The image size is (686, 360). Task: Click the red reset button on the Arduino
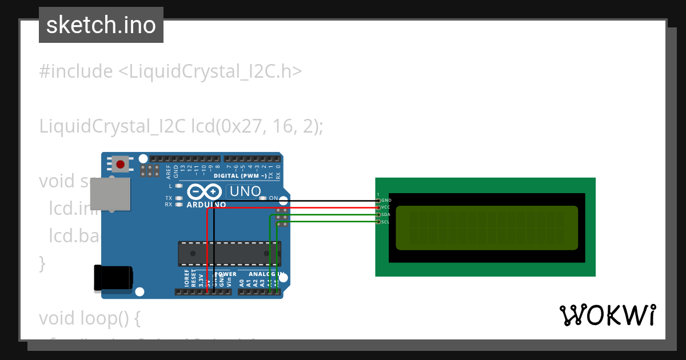click(x=120, y=165)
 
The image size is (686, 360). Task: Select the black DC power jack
click(x=113, y=278)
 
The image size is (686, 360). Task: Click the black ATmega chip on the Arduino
click(x=229, y=253)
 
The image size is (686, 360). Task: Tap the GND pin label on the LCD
click(x=386, y=201)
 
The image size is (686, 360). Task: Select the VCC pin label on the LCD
click(x=386, y=207)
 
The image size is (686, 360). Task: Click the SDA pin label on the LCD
click(x=386, y=214)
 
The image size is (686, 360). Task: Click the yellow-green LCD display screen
click(x=486, y=227)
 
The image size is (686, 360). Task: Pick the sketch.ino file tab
click(x=101, y=25)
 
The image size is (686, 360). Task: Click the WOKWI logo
click(x=607, y=315)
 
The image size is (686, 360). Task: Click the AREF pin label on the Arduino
click(x=161, y=172)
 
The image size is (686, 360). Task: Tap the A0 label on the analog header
click(x=242, y=282)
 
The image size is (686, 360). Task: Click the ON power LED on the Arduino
click(x=263, y=198)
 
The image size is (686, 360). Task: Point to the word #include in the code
click(x=76, y=71)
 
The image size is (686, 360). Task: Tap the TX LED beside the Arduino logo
click(x=179, y=198)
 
